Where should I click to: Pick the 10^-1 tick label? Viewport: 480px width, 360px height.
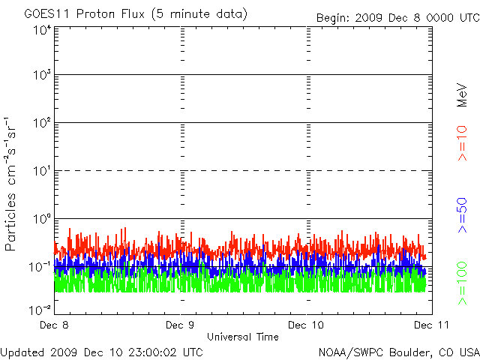coord(41,266)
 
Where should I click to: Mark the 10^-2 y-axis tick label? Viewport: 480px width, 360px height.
coord(41,309)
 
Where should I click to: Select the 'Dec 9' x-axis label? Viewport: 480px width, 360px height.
coord(180,325)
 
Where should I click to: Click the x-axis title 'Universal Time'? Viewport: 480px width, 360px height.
coord(242,337)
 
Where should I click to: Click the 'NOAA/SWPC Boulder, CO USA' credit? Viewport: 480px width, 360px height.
coord(398,351)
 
